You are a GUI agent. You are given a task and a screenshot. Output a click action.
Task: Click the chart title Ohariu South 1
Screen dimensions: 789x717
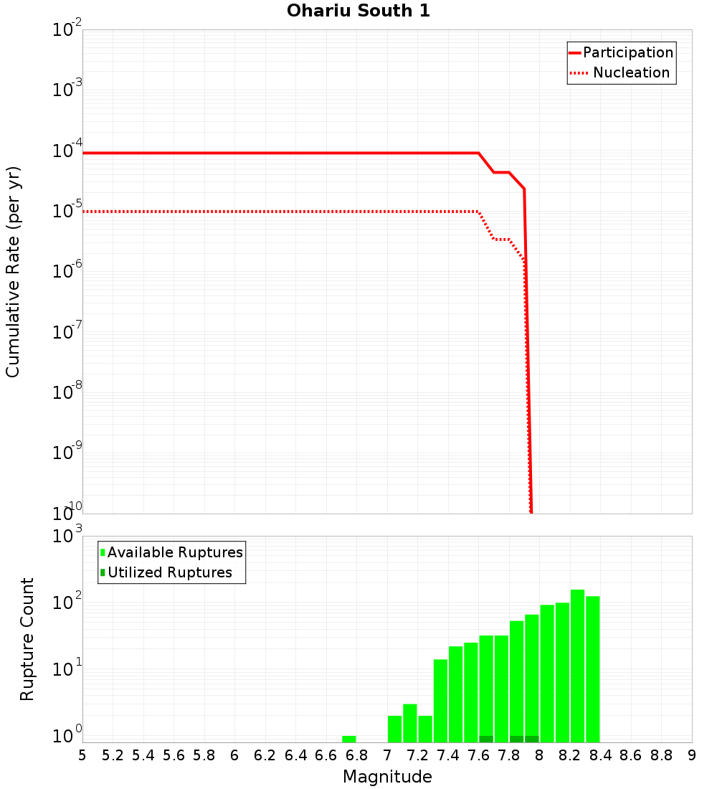[358, 11]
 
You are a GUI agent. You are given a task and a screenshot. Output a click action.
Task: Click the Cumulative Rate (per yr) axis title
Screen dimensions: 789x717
[13, 272]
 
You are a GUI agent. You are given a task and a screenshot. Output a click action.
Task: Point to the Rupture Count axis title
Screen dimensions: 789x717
[27, 639]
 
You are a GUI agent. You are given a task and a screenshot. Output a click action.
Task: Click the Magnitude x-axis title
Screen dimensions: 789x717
[387, 777]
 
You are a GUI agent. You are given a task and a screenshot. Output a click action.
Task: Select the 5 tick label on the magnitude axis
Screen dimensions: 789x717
[82, 755]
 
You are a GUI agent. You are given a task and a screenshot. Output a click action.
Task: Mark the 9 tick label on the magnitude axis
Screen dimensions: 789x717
[692, 755]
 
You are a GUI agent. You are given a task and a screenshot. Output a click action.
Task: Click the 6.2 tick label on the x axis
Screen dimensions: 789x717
[265, 755]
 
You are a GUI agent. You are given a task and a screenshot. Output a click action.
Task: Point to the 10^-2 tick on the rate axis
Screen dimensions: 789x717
[67, 31]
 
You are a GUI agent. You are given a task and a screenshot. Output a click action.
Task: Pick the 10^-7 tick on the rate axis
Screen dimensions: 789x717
[67, 333]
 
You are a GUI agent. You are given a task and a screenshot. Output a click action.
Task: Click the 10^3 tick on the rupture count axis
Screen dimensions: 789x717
[67, 537]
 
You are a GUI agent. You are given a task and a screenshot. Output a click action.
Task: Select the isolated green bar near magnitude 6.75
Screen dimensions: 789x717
[349, 739]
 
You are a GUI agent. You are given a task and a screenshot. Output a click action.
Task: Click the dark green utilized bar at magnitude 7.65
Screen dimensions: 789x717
[486, 739]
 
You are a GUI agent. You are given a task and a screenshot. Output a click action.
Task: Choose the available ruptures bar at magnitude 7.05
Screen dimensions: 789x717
[395, 729]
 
